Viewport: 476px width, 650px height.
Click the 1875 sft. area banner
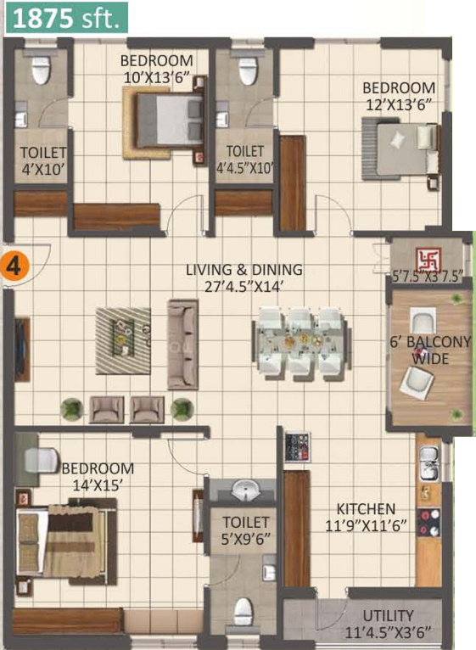(66, 18)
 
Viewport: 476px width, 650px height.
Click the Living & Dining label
(244, 270)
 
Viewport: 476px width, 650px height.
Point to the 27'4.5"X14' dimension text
(244, 287)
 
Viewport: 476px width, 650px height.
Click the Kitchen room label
(366, 508)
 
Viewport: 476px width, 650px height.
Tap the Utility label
(388, 615)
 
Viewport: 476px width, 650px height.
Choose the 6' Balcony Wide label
(430, 350)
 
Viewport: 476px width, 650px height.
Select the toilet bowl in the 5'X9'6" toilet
(243, 612)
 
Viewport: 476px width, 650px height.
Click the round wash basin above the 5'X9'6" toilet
(245, 490)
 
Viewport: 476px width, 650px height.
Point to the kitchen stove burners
(428, 523)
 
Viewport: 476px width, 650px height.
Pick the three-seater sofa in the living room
(183, 345)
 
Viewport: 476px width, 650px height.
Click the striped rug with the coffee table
(123, 341)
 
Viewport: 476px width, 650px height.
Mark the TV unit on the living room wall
(21, 349)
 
